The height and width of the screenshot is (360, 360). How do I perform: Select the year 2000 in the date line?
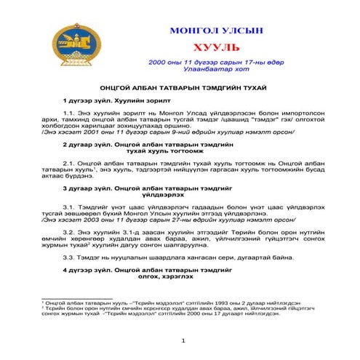click(x=159, y=63)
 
